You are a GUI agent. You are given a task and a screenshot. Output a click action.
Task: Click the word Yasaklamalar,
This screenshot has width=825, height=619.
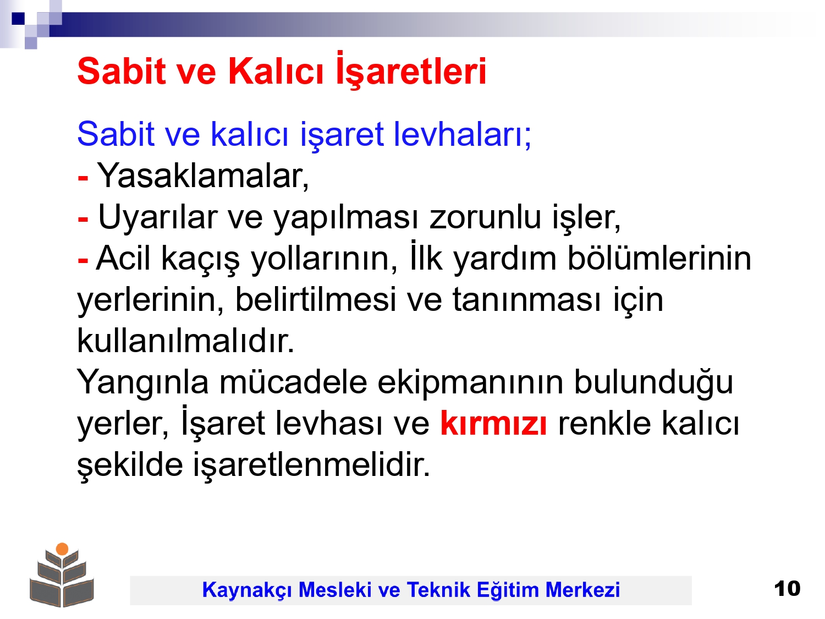pyautogui.click(x=203, y=176)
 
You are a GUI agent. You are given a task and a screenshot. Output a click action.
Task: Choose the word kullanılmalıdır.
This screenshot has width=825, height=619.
pyautogui.click(x=186, y=339)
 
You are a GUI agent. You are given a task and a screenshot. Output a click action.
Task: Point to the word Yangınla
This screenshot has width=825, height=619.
pyautogui.click(x=143, y=382)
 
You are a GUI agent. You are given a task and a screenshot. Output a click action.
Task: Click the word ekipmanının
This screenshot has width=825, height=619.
pyautogui.click(x=470, y=382)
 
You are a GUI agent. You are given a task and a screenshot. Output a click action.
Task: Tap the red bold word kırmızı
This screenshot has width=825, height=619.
pyautogui.click(x=493, y=423)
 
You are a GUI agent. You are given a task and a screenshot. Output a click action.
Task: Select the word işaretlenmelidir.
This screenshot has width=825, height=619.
pyautogui.click(x=312, y=464)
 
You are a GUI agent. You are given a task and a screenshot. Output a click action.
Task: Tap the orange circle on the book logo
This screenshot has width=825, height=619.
pyautogui.click(x=62, y=549)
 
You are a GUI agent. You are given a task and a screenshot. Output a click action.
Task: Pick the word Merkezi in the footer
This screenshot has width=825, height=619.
pyautogui.click(x=582, y=589)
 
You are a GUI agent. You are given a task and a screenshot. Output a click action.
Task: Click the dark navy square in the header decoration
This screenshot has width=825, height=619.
pyautogui.click(x=18, y=18)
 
